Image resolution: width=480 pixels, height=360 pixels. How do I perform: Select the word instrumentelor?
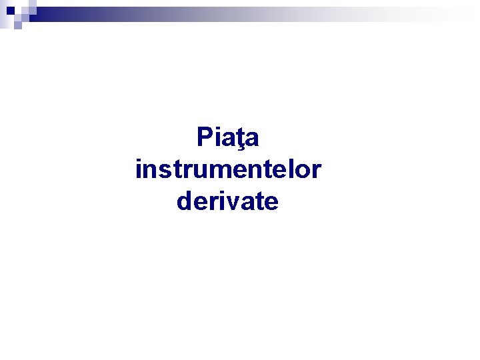pos(228,169)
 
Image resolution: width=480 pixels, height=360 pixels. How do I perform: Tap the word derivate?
pos(228,201)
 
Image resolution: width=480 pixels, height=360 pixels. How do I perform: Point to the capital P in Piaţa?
pos(204,137)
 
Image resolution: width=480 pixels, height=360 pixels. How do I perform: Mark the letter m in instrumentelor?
pos(206,171)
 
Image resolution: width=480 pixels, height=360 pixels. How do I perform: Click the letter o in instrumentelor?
pos(302,171)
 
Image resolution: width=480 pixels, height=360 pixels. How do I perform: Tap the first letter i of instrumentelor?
pos(138,169)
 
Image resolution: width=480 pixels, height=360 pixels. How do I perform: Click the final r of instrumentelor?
pos(316,171)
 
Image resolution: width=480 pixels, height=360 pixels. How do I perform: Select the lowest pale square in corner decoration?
pos(18,25)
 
